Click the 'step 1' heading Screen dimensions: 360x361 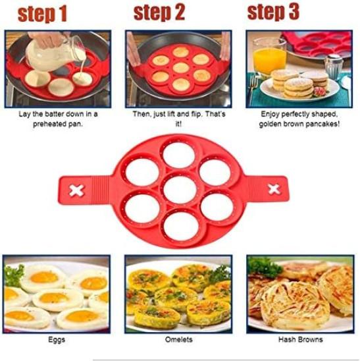43,14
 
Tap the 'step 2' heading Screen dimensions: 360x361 159,13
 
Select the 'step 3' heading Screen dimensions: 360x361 273,12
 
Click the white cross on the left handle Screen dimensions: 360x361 76,190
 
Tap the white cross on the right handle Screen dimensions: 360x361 274,189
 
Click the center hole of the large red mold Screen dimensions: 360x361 180,190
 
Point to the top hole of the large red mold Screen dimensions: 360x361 179,155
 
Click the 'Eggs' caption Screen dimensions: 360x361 57,340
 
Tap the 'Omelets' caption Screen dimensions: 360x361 179,339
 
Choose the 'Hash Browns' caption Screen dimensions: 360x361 301,339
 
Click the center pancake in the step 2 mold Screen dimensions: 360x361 181,68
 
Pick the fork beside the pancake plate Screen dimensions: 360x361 253,89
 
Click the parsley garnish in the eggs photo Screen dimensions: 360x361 14,275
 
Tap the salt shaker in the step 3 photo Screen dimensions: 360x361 333,66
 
